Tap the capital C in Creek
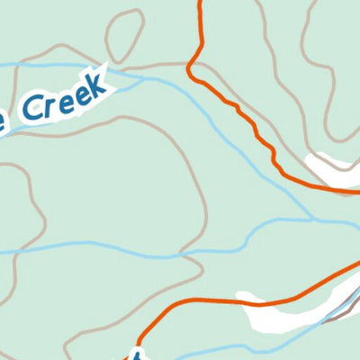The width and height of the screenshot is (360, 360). coord(32,109)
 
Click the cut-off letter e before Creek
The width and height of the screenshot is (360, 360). coord(4,124)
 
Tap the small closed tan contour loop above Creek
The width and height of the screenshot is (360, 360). coord(125,37)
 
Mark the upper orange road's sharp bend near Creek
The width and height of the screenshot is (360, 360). coord(191,70)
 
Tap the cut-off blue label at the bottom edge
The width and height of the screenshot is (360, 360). coord(137,353)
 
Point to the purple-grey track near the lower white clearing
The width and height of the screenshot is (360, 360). coord(337,307)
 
